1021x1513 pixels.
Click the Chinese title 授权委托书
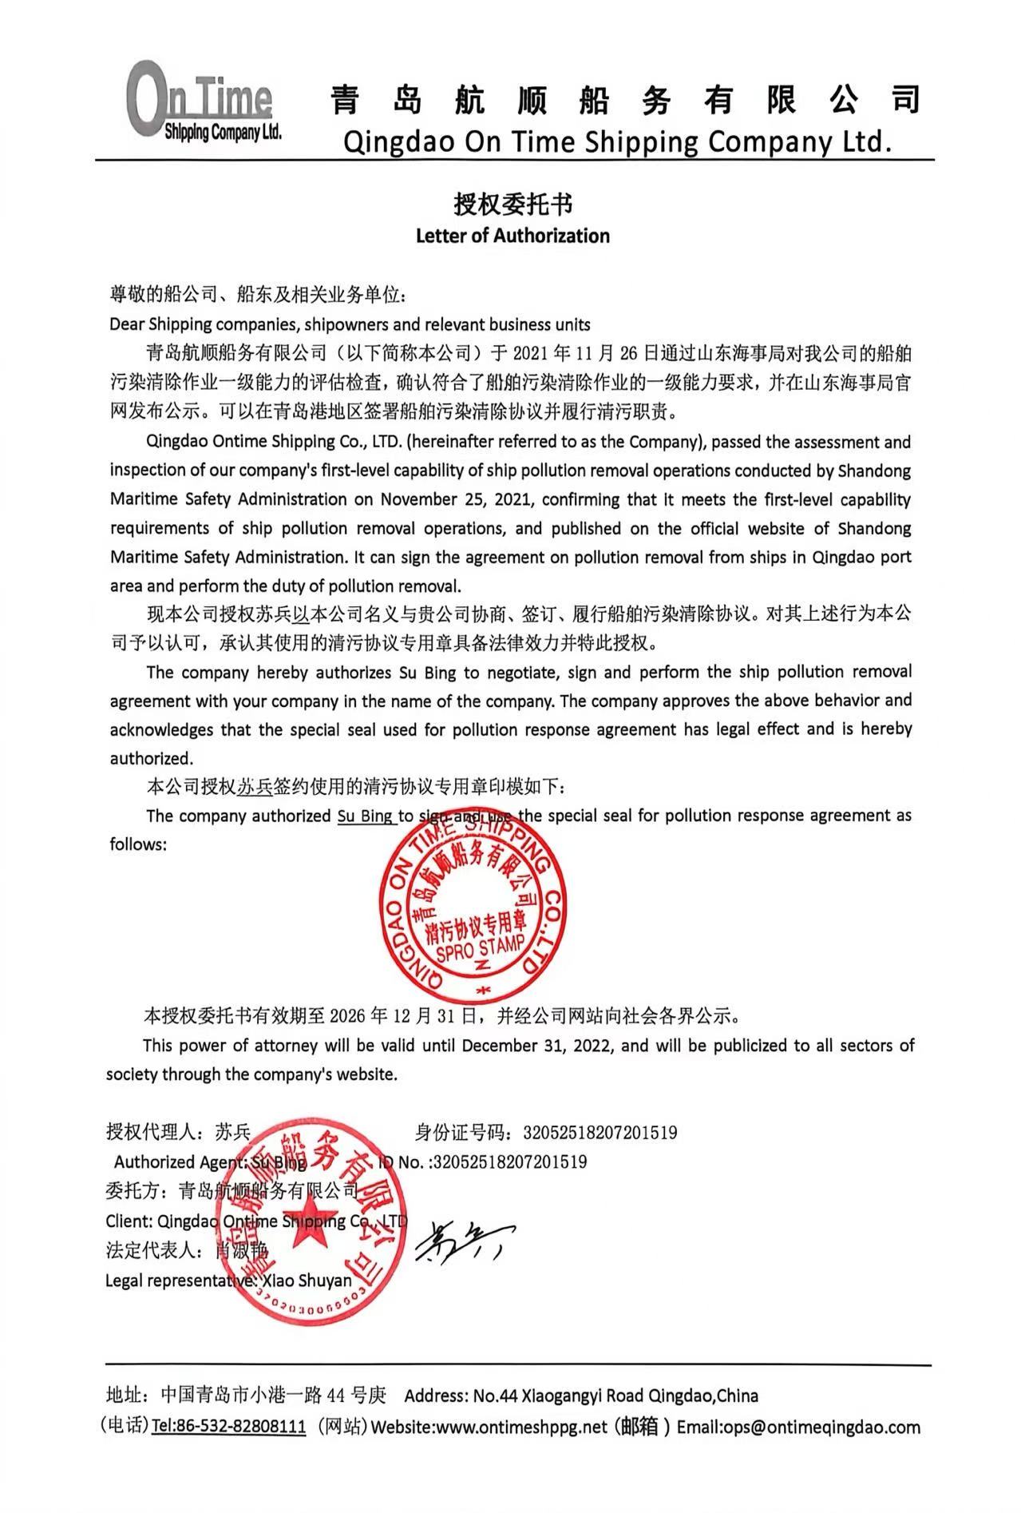coord(512,205)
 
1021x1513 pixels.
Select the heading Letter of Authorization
coord(512,236)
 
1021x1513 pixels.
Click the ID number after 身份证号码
coord(600,1132)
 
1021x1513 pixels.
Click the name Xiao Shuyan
coord(307,1281)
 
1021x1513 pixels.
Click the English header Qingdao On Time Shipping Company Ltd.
coord(616,141)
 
